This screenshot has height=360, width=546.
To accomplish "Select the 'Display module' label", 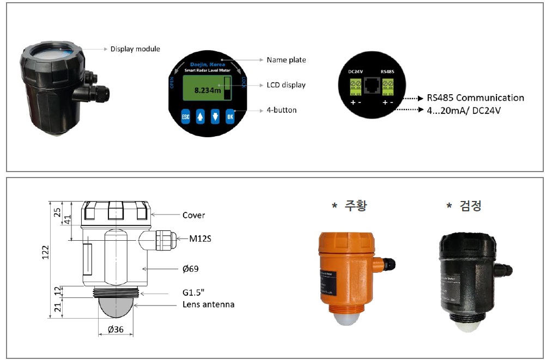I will click(x=135, y=49).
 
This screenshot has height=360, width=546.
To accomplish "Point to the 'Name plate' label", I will click(x=286, y=60).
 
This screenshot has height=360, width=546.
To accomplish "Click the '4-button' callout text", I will click(x=282, y=110).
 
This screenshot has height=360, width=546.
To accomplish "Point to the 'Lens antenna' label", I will click(x=208, y=304).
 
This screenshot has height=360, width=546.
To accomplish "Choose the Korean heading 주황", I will click(x=355, y=206).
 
